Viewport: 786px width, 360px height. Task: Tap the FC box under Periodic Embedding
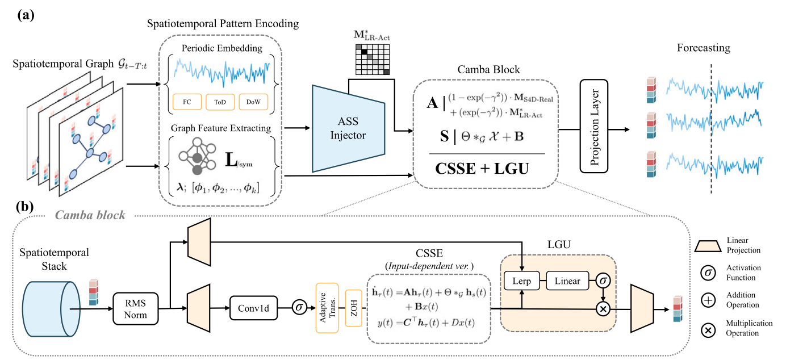(186, 102)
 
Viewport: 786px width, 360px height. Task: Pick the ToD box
(220, 102)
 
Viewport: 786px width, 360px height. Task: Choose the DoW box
(253, 102)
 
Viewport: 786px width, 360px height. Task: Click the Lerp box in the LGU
(521, 281)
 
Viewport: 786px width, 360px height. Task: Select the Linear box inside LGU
(568, 281)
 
